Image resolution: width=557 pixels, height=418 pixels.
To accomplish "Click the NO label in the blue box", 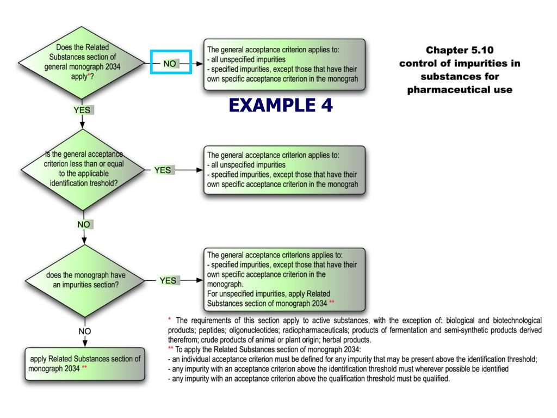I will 170,63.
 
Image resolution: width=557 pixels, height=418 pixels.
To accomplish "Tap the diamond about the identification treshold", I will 82,170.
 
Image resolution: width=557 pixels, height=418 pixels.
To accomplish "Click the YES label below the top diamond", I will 82,110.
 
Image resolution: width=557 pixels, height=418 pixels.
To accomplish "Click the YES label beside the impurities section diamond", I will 168,280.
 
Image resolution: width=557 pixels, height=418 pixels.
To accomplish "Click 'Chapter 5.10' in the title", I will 460,50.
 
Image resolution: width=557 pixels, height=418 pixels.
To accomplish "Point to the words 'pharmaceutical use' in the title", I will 460,89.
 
